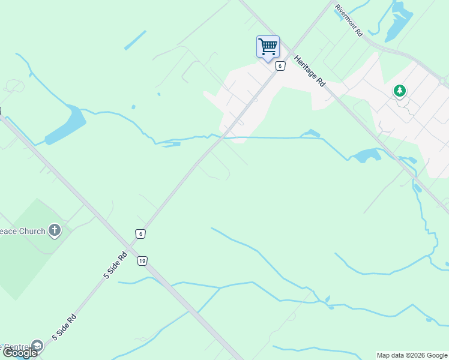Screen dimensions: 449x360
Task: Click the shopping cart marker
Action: [x=268, y=47]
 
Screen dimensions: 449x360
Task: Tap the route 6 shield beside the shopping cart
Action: [x=280, y=66]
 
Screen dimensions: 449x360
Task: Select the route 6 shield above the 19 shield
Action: [x=140, y=234]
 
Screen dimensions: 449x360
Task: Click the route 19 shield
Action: [x=142, y=260]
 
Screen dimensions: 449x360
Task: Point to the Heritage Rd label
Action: [x=310, y=71]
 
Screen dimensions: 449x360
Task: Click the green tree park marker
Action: [x=399, y=91]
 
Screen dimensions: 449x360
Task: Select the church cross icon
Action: [x=55, y=230]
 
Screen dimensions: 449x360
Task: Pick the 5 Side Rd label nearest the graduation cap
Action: [x=64, y=327]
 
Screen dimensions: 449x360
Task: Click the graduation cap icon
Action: [x=37, y=346]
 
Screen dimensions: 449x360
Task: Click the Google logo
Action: [x=20, y=353]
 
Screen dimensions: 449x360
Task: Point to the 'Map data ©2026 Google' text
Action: [x=412, y=355]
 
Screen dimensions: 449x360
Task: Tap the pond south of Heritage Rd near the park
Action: [x=366, y=156]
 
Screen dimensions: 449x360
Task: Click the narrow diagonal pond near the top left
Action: [x=135, y=40]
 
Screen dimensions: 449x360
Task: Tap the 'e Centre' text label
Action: [x=14, y=346]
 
